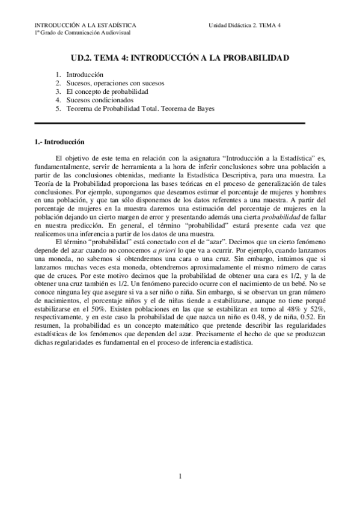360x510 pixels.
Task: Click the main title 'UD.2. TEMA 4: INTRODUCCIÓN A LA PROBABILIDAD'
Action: pyautogui.click(x=180, y=58)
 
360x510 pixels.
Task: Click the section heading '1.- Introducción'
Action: pyautogui.click(x=59, y=143)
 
